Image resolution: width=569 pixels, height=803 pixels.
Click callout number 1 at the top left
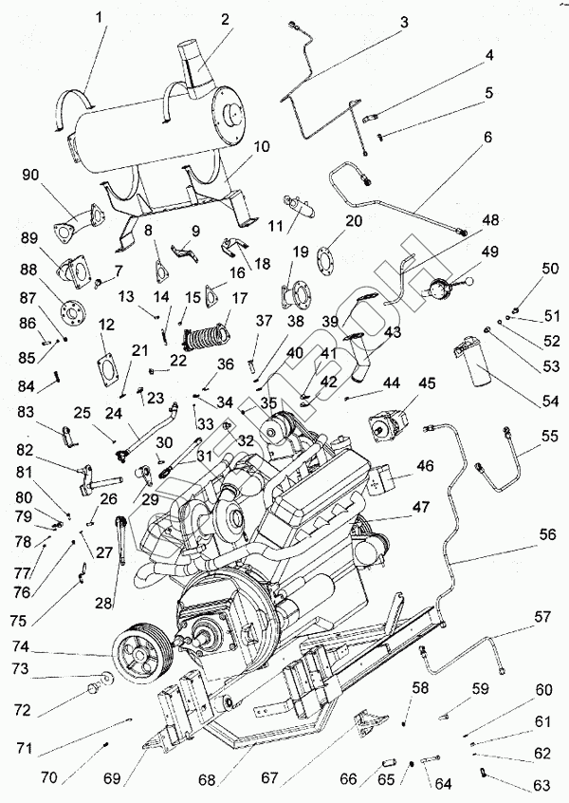point(101,16)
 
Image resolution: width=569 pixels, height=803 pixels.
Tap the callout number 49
point(489,252)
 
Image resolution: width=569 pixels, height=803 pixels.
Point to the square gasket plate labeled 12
point(111,367)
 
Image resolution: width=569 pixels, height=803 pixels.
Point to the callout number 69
point(113,779)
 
